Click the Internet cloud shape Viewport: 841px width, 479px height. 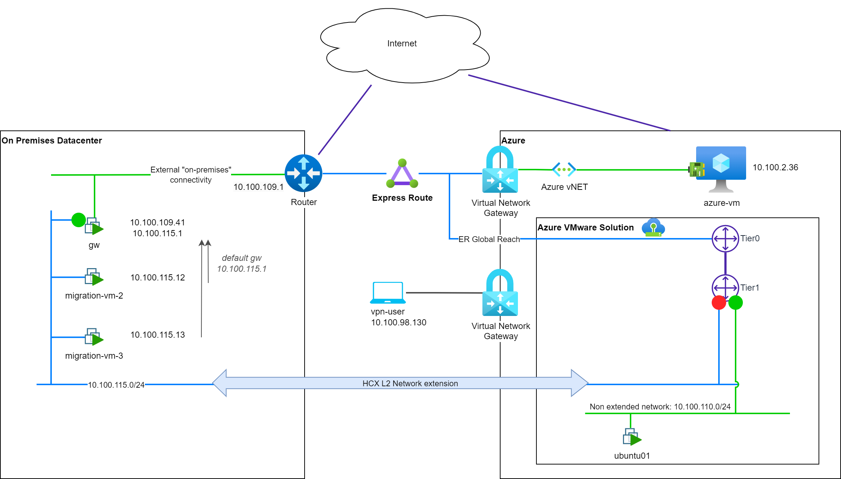[x=405, y=45]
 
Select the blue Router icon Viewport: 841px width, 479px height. [x=304, y=173]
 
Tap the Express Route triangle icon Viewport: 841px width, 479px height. [x=402, y=174]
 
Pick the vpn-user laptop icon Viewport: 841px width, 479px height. [x=388, y=293]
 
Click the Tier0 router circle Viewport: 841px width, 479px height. [x=725, y=238]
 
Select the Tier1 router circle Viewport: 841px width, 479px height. [x=725, y=288]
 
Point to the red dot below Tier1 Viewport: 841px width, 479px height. [x=719, y=303]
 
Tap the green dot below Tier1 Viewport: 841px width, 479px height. [x=736, y=303]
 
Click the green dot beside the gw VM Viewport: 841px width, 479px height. [x=79, y=220]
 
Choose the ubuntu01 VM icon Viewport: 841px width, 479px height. [x=632, y=437]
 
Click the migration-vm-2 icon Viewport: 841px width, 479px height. [x=94, y=277]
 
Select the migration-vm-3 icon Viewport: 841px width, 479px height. [x=94, y=337]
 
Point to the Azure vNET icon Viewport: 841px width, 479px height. [x=564, y=169]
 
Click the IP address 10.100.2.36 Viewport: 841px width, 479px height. [x=775, y=167]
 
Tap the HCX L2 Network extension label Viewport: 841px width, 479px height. [x=410, y=383]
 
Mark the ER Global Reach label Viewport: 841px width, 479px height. [x=489, y=239]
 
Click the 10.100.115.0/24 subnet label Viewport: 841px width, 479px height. [x=116, y=385]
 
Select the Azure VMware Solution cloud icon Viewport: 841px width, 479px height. [x=653, y=228]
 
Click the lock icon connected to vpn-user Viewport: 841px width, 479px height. [x=500, y=292]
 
